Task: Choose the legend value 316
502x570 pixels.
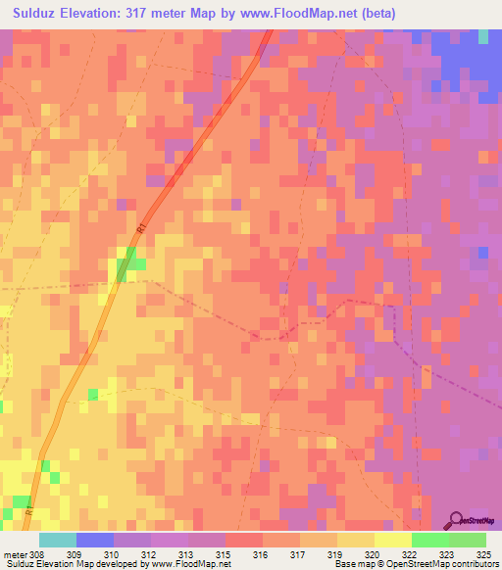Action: [261, 555]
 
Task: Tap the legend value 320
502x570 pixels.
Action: [373, 555]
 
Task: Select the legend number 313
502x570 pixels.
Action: [187, 555]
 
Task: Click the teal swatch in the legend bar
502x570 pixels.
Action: [58, 540]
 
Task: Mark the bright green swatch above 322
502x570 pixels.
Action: [429, 540]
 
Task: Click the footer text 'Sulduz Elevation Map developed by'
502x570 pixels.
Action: [73, 565]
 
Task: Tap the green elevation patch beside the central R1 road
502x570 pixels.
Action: [130, 261]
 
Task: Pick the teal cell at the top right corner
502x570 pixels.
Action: [482, 36]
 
